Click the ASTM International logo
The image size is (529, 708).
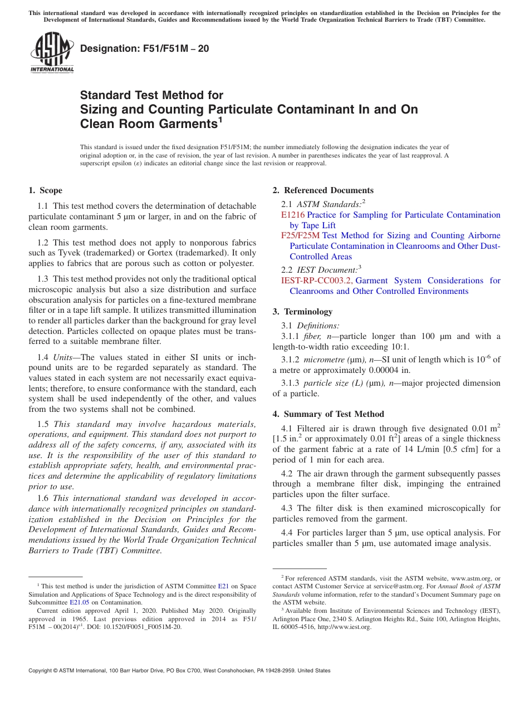pos(51,53)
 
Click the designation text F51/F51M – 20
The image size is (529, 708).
pos(145,49)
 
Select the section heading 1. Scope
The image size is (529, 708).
pos(45,190)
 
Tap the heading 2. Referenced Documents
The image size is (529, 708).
pos(323,190)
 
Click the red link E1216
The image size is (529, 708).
pos(293,215)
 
